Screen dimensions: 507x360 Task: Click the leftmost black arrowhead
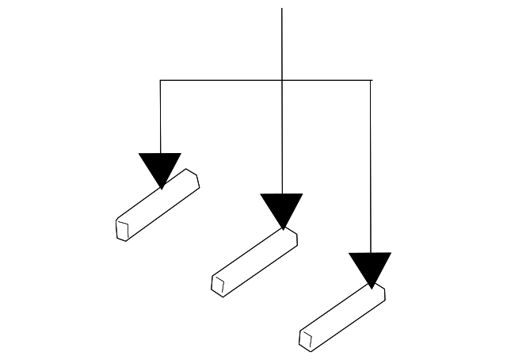coord(160,167)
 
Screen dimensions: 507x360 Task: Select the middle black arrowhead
coord(282,208)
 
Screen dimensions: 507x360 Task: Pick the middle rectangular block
coord(255,262)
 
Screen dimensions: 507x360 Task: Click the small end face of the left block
coord(123,230)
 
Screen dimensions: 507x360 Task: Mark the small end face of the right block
coord(307,339)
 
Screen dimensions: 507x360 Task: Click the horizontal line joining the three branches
coord(222,80)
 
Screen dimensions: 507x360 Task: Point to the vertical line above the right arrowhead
coord(371,167)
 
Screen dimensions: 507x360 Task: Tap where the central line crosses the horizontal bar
coord(282,80)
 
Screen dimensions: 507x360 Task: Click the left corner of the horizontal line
coord(160,80)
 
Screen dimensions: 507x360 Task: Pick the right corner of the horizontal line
coord(371,80)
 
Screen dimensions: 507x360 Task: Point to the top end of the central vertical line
coord(282,9)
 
